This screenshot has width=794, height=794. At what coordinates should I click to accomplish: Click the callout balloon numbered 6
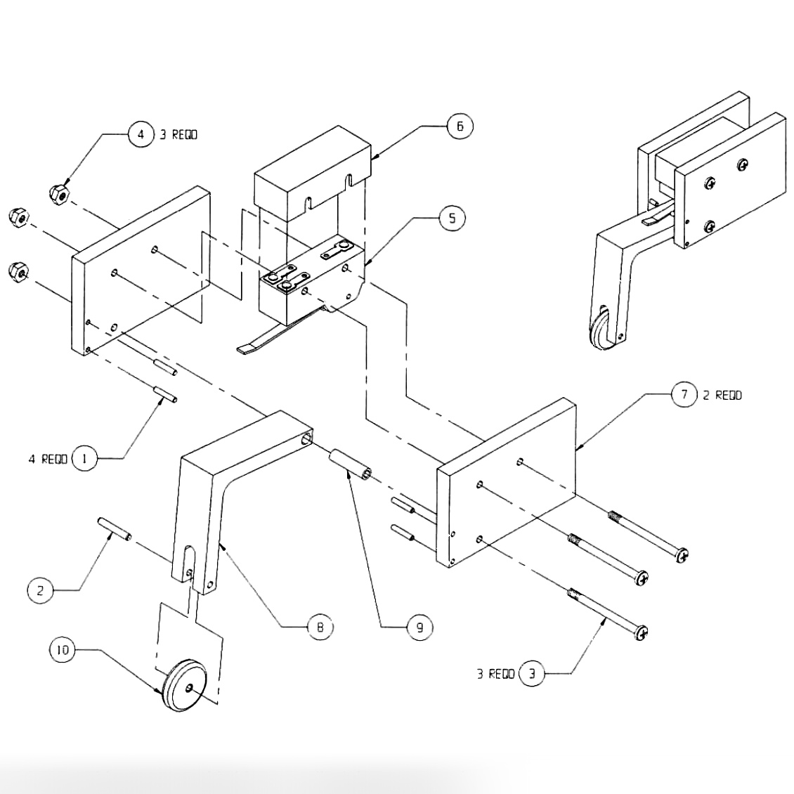tap(460, 126)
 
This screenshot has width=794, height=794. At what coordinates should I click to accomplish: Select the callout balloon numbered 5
tap(452, 219)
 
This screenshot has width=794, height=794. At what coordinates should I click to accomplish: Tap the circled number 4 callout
tap(141, 134)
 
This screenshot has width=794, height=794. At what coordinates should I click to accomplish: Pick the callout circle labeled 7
tap(684, 394)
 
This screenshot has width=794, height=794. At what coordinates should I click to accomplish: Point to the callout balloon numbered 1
tap(84, 459)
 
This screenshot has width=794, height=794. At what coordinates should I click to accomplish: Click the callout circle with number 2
tap(40, 590)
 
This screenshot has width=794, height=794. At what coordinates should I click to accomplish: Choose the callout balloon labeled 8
tap(320, 627)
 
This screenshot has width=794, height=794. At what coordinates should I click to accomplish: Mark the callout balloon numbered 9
tap(420, 627)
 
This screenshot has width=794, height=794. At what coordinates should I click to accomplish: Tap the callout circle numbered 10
tap(63, 650)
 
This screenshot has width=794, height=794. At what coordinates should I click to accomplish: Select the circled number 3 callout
tap(532, 675)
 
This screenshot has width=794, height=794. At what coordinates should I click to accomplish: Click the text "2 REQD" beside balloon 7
tap(722, 395)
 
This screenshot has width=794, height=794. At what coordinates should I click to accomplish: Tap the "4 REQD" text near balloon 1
tap(48, 459)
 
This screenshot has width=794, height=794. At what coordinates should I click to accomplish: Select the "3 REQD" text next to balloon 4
tap(178, 134)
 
